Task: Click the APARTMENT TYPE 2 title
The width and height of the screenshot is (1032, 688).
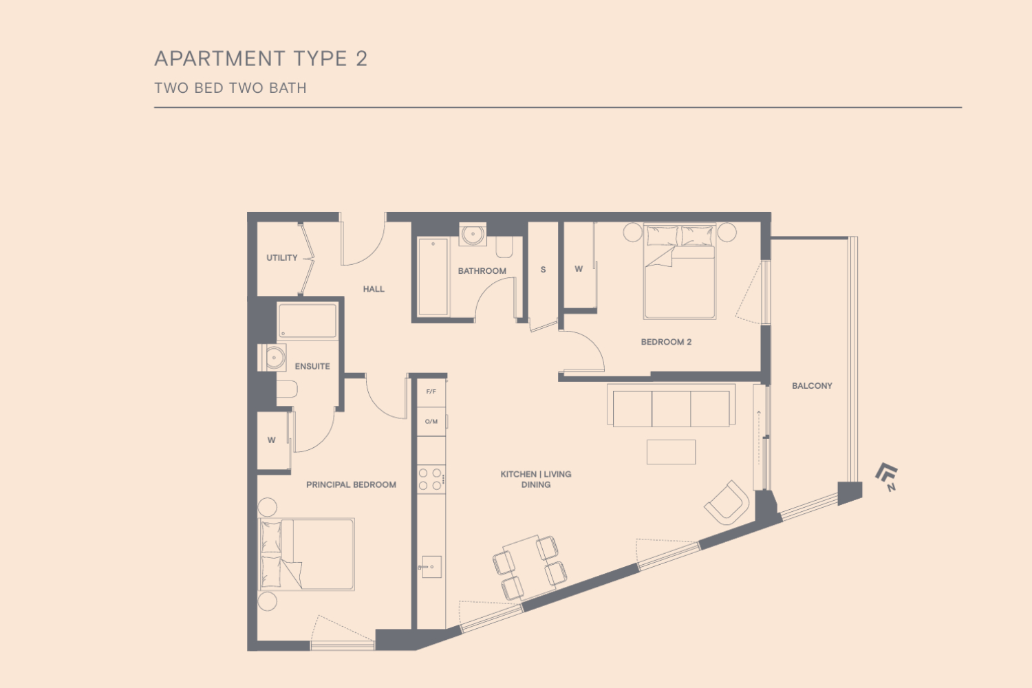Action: pyautogui.click(x=261, y=59)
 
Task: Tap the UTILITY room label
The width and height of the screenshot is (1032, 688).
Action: pyautogui.click(x=282, y=257)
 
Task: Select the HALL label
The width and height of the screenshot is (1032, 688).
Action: pyautogui.click(x=374, y=289)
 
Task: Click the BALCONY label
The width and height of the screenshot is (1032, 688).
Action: pyautogui.click(x=812, y=386)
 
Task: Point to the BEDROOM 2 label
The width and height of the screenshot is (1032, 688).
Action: pyautogui.click(x=666, y=342)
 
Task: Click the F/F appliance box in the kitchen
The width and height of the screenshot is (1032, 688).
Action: pyautogui.click(x=431, y=392)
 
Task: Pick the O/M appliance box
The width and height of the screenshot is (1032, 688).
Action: pyautogui.click(x=431, y=421)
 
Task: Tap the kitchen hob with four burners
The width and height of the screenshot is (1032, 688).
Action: pyautogui.click(x=431, y=480)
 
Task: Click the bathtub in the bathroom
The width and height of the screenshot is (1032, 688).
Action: pyautogui.click(x=433, y=277)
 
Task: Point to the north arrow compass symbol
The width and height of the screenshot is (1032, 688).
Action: pyautogui.click(x=888, y=477)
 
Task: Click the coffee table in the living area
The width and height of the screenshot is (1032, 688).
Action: pyautogui.click(x=671, y=451)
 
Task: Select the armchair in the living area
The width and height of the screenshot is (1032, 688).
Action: pyautogui.click(x=727, y=503)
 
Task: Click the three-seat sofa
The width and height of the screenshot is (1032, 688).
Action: pyautogui.click(x=671, y=405)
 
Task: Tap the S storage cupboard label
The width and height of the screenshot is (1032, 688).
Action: pyautogui.click(x=544, y=270)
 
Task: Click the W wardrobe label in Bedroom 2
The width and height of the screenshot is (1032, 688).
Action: pyautogui.click(x=579, y=268)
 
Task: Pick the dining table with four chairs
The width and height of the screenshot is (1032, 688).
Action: pyautogui.click(x=530, y=568)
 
